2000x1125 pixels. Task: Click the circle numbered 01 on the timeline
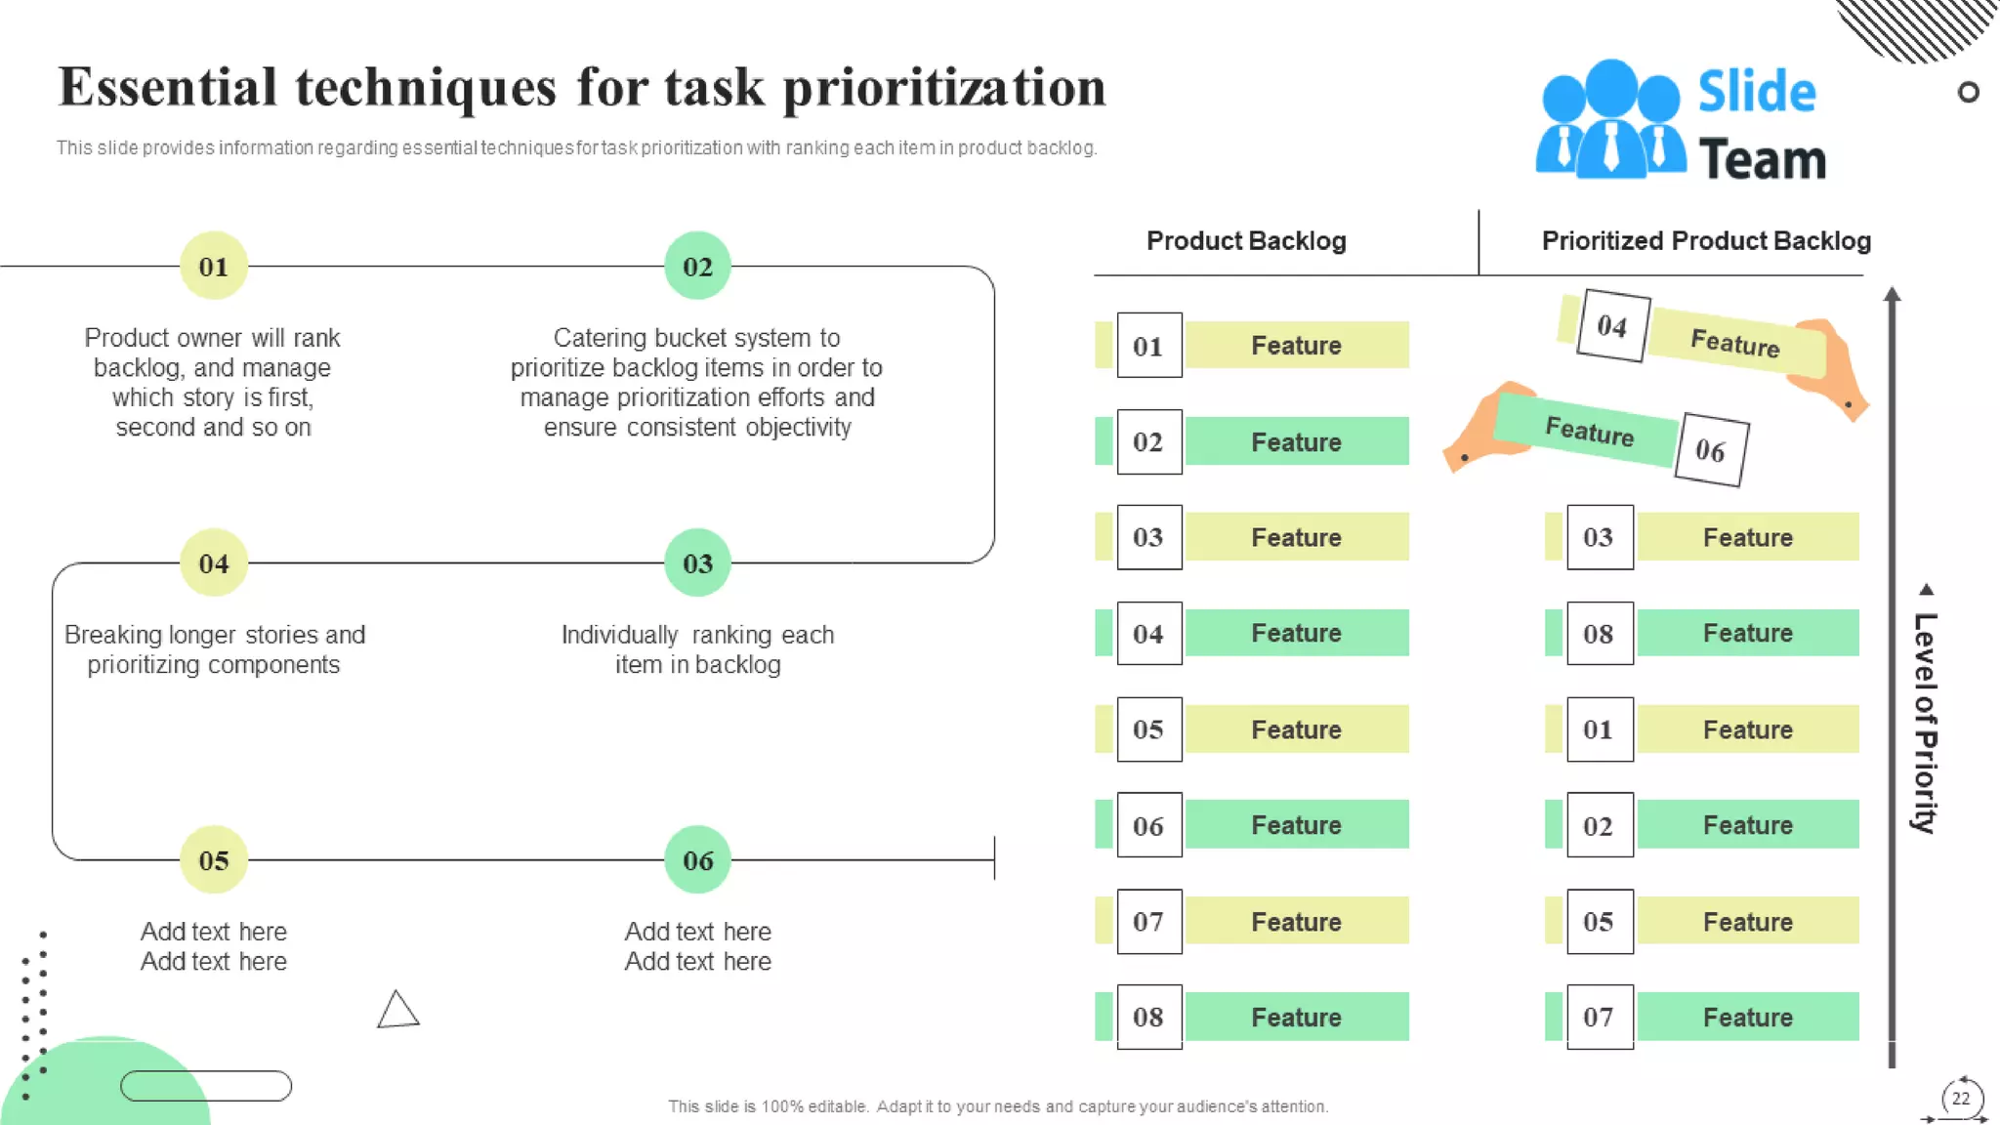point(213,266)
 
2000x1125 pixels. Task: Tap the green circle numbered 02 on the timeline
point(697,266)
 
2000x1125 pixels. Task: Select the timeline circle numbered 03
point(697,562)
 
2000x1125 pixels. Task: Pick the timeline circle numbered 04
point(213,562)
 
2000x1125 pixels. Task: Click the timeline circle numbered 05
point(213,859)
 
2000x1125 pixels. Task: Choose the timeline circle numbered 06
point(697,859)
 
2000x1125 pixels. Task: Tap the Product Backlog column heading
point(1246,241)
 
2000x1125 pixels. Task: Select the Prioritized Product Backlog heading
point(1705,241)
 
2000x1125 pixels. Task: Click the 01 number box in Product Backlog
point(1149,346)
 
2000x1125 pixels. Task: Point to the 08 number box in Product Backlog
point(1149,1017)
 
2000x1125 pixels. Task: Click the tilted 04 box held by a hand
point(1612,325)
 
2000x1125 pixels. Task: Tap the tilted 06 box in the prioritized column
point(1711,450)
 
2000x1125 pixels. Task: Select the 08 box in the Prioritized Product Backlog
point(1600,634)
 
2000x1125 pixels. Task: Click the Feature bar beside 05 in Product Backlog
point(1297,729)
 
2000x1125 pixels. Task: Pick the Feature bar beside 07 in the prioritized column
point(1748,1017)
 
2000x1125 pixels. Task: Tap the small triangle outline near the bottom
point(397,1011)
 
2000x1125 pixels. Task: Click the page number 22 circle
point(1960,1099)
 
